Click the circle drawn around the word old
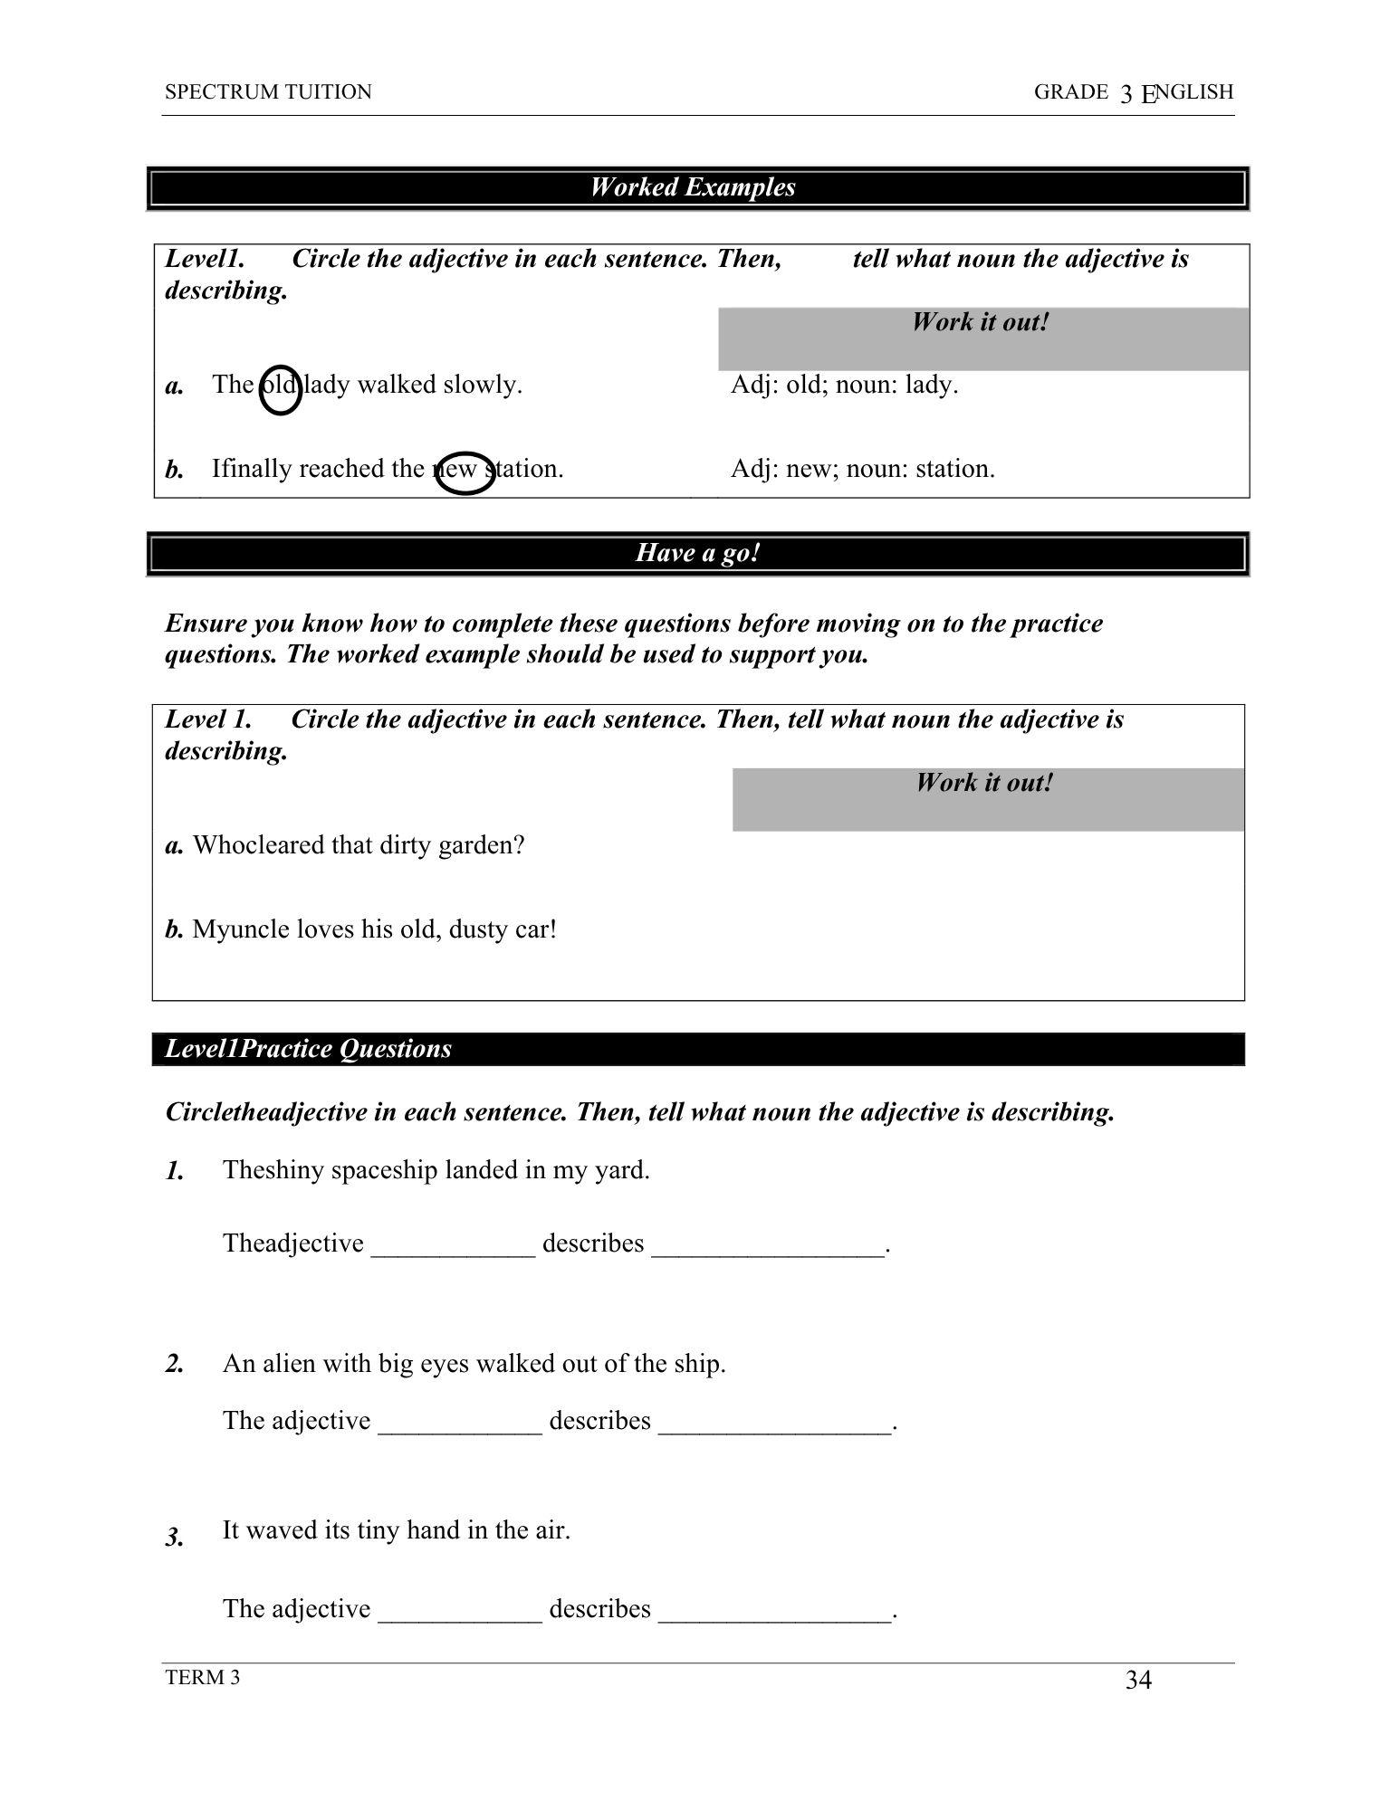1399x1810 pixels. (x=281, y=389)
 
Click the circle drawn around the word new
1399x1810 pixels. (x=465, y=472)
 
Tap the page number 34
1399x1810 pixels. (x=1138, y=1681)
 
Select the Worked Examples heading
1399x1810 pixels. (x=693, y=187)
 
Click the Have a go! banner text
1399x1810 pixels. (x=697, y=553)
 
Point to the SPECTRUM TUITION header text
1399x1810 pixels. (x=268, y=92)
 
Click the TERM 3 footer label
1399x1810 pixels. (x=203, y=1678)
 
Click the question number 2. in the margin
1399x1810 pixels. (x=176, y=1365)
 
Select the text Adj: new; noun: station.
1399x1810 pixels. (x=862, y=469)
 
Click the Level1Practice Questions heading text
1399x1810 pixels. (x=308, y=1049)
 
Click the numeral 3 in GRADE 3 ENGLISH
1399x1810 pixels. (x=1126, y=93)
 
